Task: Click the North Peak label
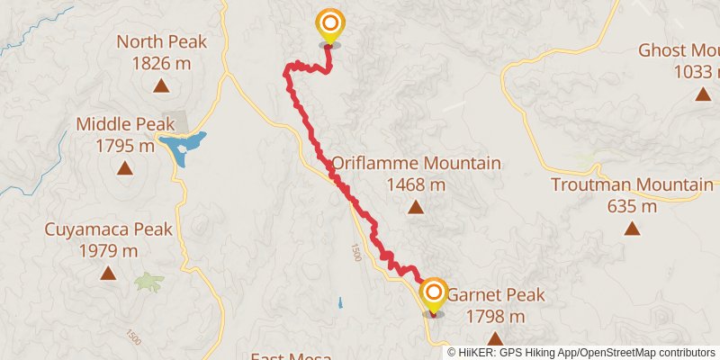[x=162, y=41]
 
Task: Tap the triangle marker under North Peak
[x=161, y=86]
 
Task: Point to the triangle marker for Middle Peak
[x=124, y=168]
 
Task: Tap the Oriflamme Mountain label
[x=416, y=164]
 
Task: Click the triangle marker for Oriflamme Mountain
[x=416, y=208]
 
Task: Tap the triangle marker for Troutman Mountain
[x=634, y=229]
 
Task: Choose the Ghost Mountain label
[x=679, y=50]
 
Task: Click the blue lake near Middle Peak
[x=184, y=147]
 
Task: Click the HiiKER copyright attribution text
[x=581, y=352]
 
